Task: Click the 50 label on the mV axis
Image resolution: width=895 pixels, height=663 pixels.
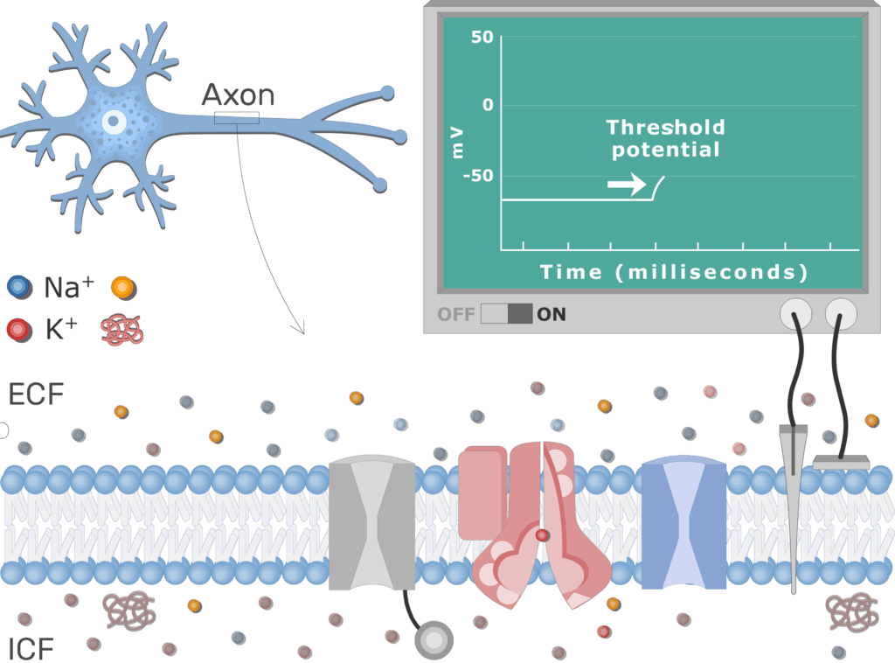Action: point(482,38)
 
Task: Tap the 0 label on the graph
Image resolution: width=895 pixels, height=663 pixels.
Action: point(487,105)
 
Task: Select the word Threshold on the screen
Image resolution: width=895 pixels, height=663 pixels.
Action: point(665,128)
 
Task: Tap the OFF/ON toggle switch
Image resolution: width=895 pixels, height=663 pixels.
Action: point(506,313)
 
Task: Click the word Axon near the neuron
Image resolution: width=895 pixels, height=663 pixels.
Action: point(238,94)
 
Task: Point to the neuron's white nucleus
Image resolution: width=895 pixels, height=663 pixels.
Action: point(114,122)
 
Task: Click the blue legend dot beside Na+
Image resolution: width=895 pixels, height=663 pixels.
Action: point(18,286)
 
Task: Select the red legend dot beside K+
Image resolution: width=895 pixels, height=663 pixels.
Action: point(18,329)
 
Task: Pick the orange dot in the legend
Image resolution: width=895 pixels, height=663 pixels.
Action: point(123,286)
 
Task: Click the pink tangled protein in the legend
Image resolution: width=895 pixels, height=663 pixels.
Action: point(122,329)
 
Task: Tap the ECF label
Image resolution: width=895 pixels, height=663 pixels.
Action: point(37,394)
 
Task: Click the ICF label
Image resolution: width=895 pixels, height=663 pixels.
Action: point(31,649)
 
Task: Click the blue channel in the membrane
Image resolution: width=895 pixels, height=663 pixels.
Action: point(683,524)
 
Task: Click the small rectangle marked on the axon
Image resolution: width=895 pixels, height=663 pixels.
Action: point(237,118)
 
